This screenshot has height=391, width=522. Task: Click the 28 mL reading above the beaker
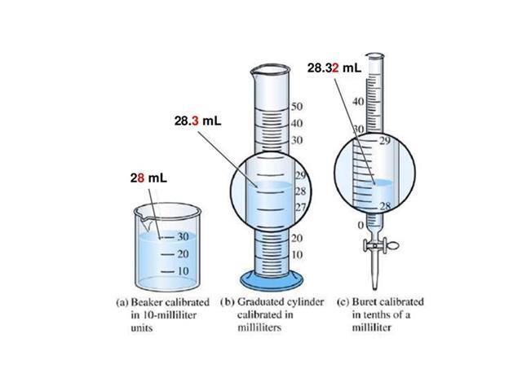(148, 178)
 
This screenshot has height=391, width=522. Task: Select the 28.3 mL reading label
(197, 121)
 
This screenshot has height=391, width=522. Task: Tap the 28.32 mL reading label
(334, 68)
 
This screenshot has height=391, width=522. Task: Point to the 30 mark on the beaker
(183, 237)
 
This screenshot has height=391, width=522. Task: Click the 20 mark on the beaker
(183, 254)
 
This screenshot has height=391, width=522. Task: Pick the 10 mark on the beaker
(183, 271)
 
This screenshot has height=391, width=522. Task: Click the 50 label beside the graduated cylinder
(297, 107)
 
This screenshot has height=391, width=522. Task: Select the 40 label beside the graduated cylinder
(297, 123)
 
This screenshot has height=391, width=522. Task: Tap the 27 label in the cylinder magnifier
(301, 207)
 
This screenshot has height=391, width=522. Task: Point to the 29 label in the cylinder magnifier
(301, 175)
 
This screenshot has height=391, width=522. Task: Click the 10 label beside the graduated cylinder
(297, 255)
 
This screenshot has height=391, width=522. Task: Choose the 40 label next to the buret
(358, 101)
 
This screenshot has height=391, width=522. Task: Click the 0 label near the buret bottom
(361, 226)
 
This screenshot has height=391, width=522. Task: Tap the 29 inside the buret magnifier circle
(385, 141)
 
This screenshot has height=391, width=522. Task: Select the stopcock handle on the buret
(392, 246)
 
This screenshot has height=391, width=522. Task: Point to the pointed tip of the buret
(375, 288)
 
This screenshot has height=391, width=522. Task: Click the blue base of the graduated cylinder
(272, 281)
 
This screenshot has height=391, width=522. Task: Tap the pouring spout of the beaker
(144, 220)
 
